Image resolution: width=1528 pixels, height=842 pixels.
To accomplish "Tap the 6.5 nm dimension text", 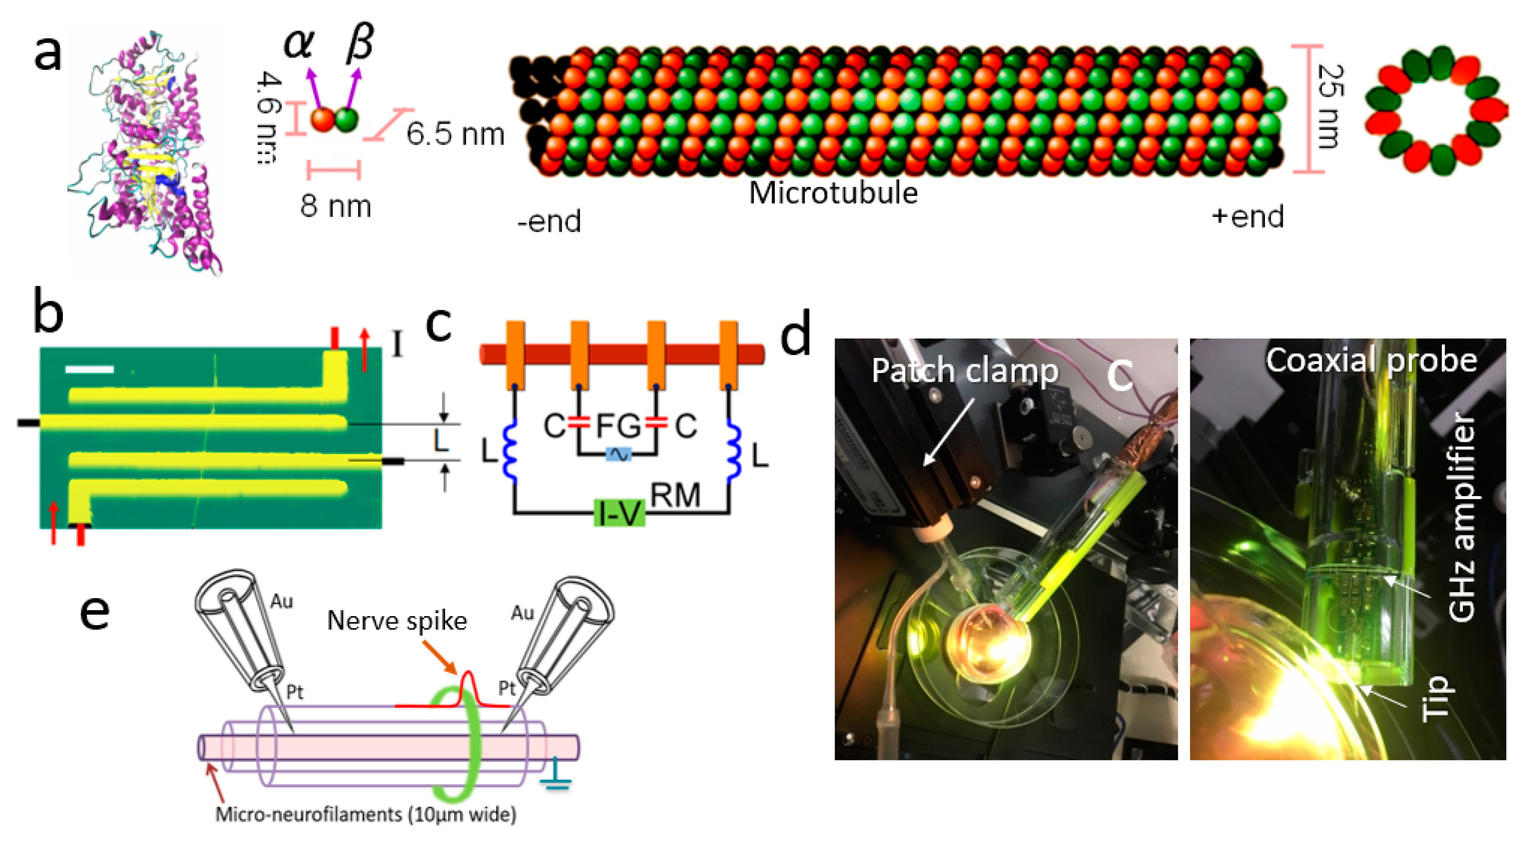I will point(455,134).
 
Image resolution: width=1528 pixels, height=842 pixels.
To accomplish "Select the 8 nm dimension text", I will point(336,206).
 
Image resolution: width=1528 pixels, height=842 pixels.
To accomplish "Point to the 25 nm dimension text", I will point(1330,107).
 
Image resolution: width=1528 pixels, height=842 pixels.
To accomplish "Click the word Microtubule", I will point(833,193).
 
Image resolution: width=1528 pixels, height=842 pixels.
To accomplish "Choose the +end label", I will point(1247,216).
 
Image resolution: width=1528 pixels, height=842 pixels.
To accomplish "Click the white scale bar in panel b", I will point(90,369).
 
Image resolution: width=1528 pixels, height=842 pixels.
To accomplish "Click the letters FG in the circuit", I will point(618,425).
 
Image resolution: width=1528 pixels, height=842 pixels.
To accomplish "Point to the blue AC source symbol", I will point(619,455).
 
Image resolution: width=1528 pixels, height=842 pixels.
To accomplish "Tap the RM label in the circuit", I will point(675,495).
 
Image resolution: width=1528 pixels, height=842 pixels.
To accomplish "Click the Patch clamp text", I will point(965,371).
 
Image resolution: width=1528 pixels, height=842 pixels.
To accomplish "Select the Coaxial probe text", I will point(1371,360).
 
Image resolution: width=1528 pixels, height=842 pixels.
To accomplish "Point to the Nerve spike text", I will point(397,621).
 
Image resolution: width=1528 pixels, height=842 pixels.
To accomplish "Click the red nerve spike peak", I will point(468,673).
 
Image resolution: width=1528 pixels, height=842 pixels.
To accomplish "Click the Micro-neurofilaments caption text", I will point(365,813).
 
